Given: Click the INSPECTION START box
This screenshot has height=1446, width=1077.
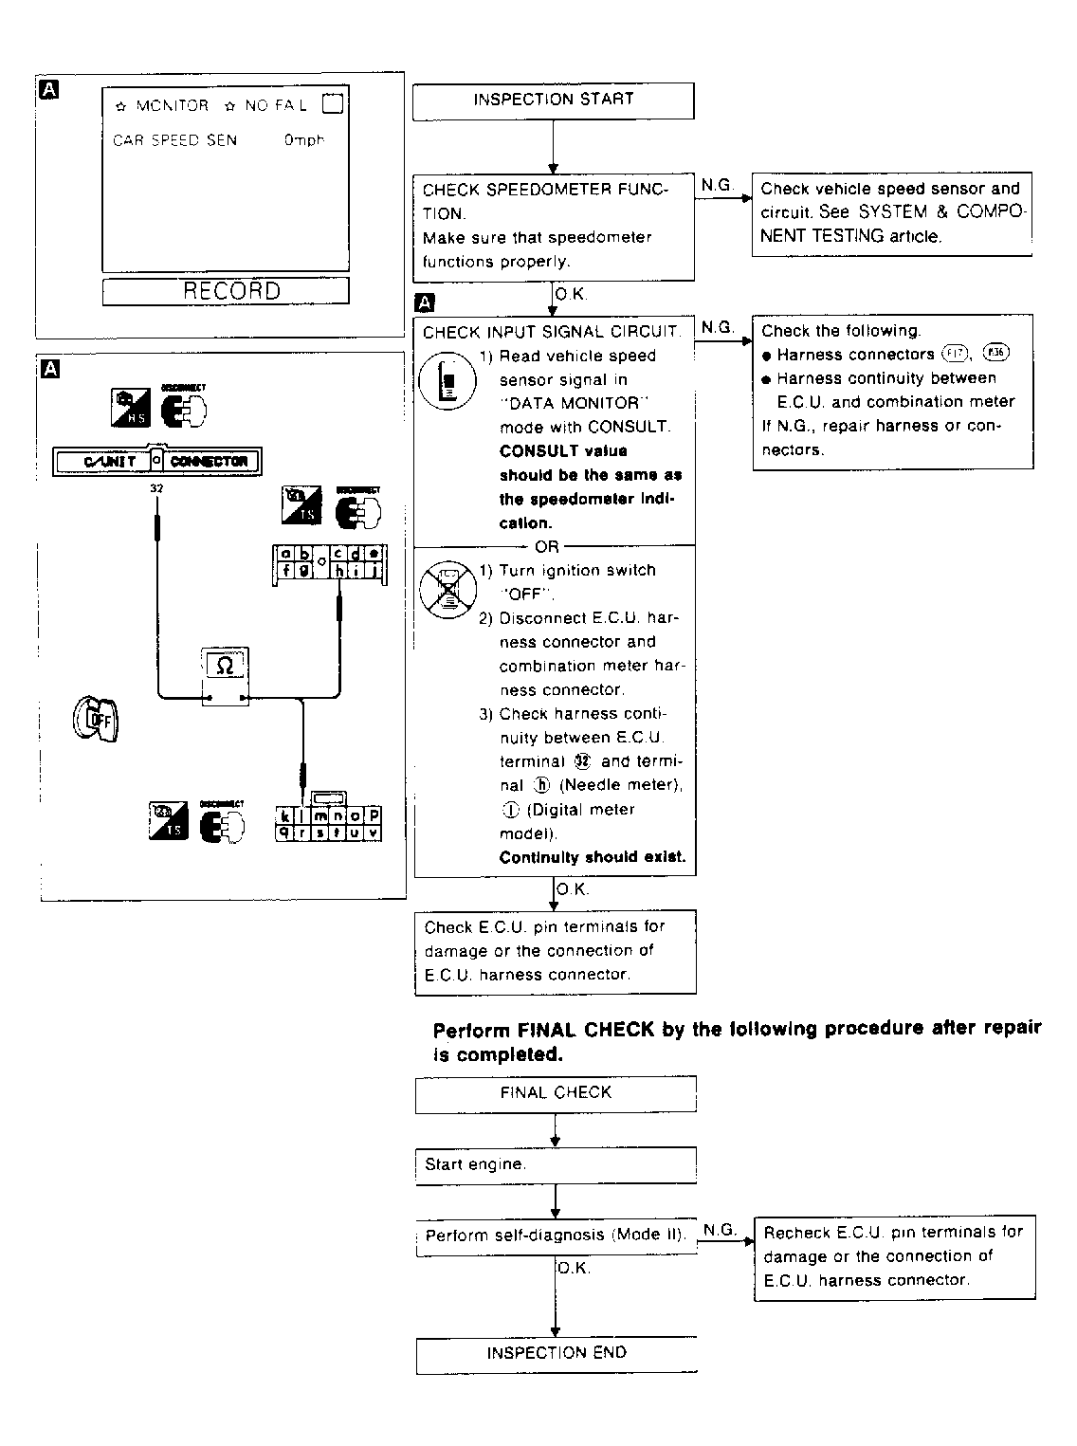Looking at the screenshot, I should (553, 101).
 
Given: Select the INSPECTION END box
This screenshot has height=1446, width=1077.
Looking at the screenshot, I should (557, 1354).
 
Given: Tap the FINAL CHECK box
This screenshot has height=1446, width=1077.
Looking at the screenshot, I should (556, 1093).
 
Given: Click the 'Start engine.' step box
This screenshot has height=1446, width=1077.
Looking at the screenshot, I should (556, 1165).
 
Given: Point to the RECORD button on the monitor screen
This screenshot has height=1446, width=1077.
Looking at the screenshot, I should (226, 291).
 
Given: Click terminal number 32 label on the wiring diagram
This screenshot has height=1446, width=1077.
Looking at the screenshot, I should (156, 488).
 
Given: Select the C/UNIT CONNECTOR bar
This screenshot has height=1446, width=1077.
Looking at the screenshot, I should (156, 462).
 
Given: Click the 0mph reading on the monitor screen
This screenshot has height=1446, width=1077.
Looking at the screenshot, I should (303, 140).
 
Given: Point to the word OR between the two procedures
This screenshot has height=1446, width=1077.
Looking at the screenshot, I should (547, 547).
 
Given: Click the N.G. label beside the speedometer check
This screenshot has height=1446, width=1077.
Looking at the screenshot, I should (718, 186).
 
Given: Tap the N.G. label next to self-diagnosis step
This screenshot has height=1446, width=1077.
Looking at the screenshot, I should (721, 1230).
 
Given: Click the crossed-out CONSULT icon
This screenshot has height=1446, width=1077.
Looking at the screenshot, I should (446, 589).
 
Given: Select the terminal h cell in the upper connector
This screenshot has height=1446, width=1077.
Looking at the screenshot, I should (338, 571).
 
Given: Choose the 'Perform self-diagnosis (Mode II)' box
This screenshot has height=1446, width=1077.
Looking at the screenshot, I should (555, 1236).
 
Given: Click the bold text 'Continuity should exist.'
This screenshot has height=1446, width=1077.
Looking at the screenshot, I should (593, 857).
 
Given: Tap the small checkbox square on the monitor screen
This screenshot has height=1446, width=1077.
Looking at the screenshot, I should (333, 104).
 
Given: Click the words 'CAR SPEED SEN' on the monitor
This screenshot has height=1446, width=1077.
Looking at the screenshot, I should (175, 140).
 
